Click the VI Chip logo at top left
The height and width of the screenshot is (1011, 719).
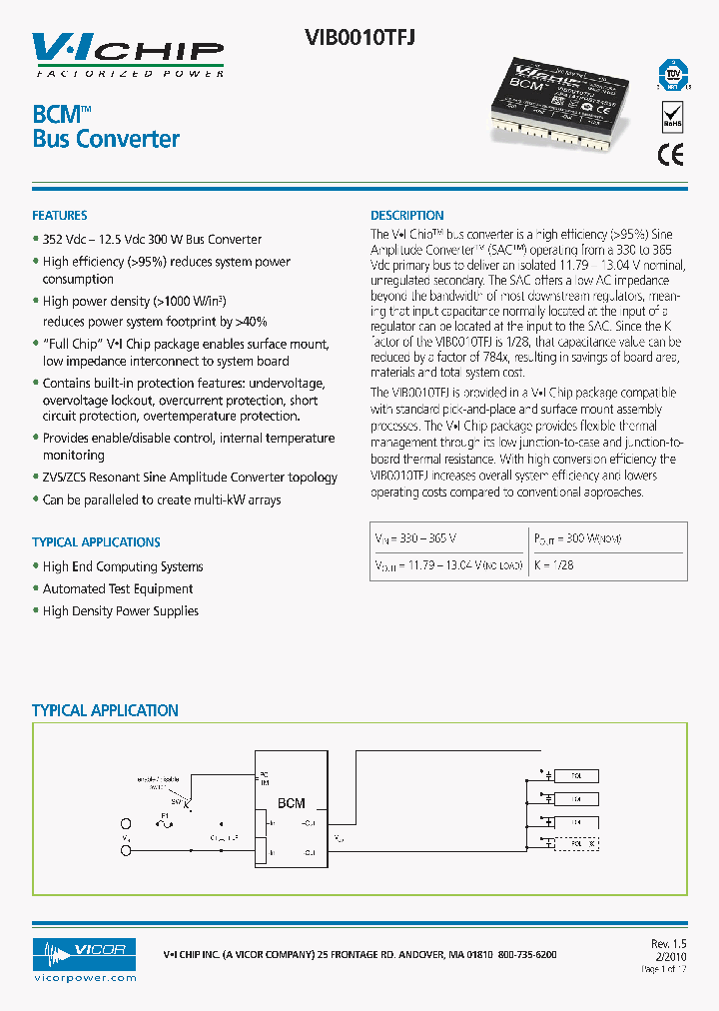click(128, 54)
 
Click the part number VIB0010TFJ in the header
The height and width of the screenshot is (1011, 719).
click(359, 37)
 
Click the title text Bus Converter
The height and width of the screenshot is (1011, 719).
click(106, 139)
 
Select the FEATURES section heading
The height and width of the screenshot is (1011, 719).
click(60, 215)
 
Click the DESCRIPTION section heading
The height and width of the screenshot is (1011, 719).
click(406, 215)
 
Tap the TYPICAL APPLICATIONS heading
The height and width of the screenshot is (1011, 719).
click(96, 541)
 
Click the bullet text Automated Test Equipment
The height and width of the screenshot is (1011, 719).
click(118, 588)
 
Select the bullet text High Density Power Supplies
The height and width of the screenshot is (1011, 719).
click(120, 610)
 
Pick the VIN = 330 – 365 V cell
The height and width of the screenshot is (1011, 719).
click(414, 537)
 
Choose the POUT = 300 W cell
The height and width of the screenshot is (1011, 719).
click(578, 537)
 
